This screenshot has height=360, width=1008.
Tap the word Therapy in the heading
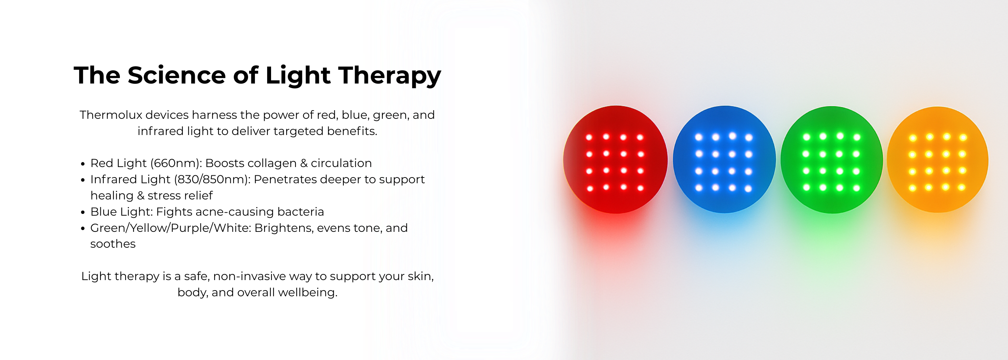tap(390, 76)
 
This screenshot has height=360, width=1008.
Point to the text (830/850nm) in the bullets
tap(212, 179)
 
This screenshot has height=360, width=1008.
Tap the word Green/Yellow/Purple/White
tap(171, 228)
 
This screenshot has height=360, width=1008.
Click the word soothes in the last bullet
tap(113, 244)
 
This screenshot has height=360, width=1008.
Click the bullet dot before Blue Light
tap(82, 212)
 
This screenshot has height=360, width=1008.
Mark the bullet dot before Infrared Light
tap(82, 180)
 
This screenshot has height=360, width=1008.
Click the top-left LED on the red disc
tap(589, 138)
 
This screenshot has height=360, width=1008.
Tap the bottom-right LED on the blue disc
tap(748, 189)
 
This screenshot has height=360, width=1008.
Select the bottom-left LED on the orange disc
tap(913, 188)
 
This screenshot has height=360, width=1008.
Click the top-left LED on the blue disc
tap(698, 137)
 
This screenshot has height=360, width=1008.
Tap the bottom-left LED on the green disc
tap(806, 188)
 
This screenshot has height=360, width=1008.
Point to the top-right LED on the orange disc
tap(963, 138)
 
